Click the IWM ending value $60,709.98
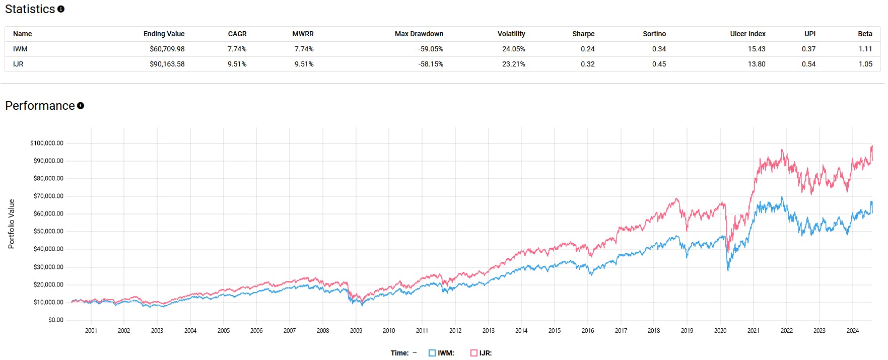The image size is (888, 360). (167, 49)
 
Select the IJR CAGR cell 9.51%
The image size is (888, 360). (237, 64)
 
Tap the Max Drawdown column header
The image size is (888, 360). (419, 34)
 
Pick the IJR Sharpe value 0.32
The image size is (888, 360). (587, 64)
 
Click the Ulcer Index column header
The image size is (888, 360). (747, 34)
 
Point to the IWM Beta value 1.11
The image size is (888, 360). (865, 49)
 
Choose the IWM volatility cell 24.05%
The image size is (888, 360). (513, 49)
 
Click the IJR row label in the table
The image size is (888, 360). (18, 64)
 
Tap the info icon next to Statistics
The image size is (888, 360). (61, 9)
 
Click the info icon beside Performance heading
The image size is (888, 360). (81, 106)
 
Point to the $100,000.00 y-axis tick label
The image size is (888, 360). (47, 143)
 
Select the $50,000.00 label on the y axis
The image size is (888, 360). (48, 231)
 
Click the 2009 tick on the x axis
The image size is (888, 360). (356, 331)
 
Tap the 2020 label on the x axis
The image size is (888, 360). (720, 331)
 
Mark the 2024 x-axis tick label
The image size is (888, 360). (852, 331)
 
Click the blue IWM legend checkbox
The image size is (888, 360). (432, 353)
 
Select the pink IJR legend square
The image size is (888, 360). (473, 353)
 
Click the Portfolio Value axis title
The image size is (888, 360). (11, 224)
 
